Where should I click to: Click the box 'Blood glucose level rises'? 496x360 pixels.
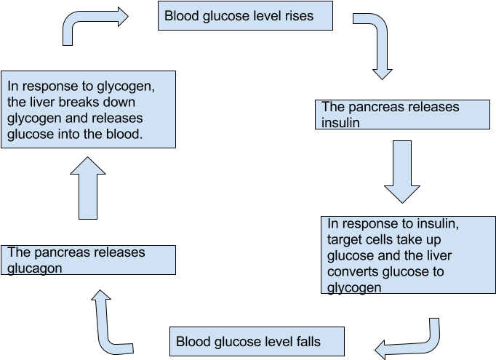246,16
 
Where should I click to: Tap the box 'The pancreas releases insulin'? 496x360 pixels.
404,115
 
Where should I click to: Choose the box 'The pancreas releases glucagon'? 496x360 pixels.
88,260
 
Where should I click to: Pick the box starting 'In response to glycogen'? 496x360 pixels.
88,109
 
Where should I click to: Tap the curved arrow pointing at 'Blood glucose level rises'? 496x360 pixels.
91,25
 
